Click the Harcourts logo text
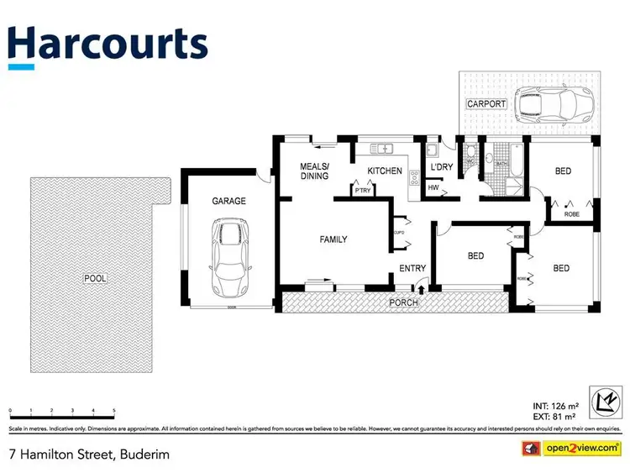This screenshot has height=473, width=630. [x=107, y=45]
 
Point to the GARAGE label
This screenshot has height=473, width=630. [x=228, y=202]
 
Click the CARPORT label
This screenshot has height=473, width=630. [x=487, y=104]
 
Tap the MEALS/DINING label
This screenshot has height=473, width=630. [x=315, y=171]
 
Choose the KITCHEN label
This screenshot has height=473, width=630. [x=385, y=171]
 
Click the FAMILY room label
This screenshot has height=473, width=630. [x=333, y=239]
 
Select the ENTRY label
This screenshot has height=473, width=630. [x=413, y=269]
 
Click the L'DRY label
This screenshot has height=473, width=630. [x=442, y=167]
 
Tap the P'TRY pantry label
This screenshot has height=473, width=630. [x=363, y=192]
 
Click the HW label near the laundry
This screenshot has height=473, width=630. [x=433, y=188]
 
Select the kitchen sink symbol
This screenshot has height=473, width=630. [x=383, y=149]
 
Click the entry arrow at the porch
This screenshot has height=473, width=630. [x=421, y=290]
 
